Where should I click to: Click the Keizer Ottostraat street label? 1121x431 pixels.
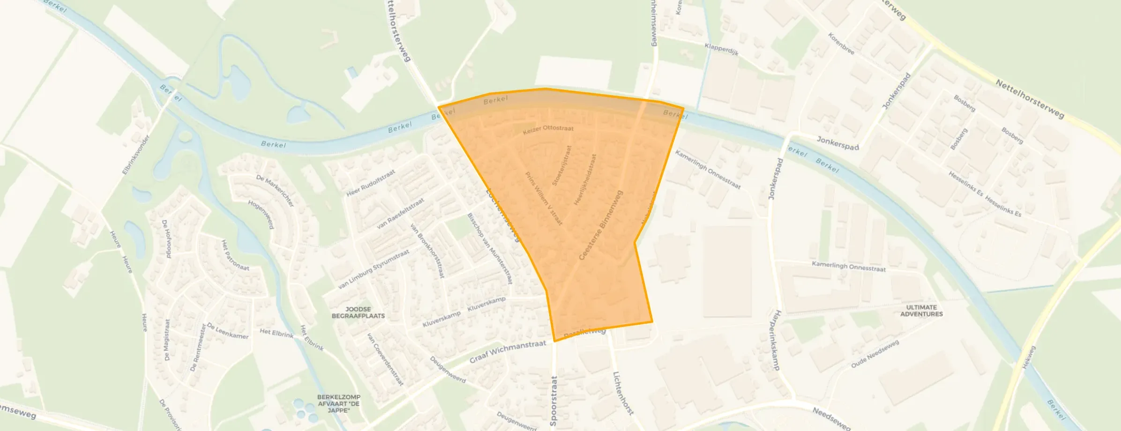pyautogui.click(x=548, y=130)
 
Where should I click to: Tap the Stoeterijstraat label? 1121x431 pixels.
pyautogui.click(x=562, y=165)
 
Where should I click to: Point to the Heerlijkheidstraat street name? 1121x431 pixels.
pyautogui.click(x=585, y=179)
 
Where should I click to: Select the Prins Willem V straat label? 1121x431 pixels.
pyautogui.click(x=544, y=199)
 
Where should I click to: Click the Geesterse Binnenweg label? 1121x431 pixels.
pyautogui.click(x=601, y=225)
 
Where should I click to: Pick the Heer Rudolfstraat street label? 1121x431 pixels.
pyautogui.click(x=370, y=183)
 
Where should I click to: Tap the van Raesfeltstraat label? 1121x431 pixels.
pyautogui.click(x=400, y=213)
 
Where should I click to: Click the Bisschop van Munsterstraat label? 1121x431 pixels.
pyautogui.click(x=490, y=248)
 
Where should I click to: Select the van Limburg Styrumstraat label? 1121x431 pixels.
pyautogui.click(x=374, y=269)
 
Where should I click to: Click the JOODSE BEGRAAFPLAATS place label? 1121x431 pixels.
pyautogui.click(x=358, y=312)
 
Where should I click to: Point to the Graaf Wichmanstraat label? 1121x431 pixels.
pyautogui.click(x=508, y=351)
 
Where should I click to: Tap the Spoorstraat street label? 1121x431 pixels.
pyautogui.click(x=553, y=401)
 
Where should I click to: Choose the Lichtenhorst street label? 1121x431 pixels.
pyautogui.click(x=623, y=393)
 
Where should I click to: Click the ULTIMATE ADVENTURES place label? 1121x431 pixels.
pyautogui.click(x=921, y=311)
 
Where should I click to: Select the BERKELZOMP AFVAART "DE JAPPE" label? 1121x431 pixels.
pyautogui.click(x=338, y=403)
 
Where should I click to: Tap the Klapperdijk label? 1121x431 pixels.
pyautogui.click(x=721, y=49)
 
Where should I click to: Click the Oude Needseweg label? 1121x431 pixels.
pyautogui.click(x=874, y=354)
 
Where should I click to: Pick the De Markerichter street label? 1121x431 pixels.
pyautogui.click(x=275, y=191)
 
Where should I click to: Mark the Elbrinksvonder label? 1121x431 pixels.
pyautogui.click(x=135, y=155)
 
